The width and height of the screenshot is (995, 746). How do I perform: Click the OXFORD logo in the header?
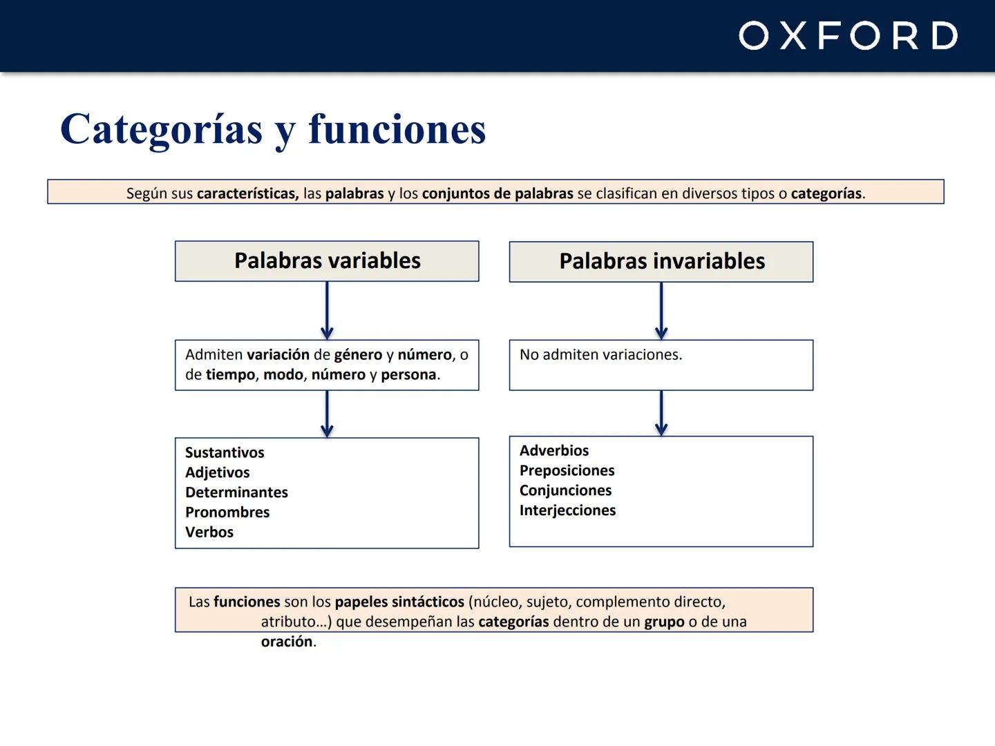(848, 36)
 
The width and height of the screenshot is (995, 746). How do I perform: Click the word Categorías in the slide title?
(161, 129)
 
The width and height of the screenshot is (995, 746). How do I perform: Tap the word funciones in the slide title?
(397, 129)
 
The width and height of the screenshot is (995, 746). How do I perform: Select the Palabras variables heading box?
(327, 261)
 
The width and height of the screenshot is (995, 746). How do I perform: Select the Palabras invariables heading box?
(661, 262)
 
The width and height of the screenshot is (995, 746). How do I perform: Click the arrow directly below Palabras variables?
(327, 311)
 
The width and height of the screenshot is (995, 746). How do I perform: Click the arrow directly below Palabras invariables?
(661, 311)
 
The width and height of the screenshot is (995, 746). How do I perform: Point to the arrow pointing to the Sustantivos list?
(327, 414)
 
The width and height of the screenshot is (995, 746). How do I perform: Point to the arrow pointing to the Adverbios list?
(661, 413)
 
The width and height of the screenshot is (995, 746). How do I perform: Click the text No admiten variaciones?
(600, 355)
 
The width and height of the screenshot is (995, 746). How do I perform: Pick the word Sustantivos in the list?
(225, 452)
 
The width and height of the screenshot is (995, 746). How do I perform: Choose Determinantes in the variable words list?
(236, 492)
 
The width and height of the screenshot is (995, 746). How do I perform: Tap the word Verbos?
(209, 533)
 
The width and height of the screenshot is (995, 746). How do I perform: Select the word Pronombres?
(227, 513)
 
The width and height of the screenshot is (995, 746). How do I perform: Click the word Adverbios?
(554, 450)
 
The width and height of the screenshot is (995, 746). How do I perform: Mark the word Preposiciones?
(567, 470)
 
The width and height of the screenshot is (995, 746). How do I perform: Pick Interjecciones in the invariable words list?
(567, 510)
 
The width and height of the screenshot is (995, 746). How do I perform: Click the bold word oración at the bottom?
(287, 642)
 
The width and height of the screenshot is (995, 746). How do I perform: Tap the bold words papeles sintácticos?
(399, 602)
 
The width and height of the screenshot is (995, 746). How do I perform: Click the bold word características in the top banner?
(247, 193)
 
